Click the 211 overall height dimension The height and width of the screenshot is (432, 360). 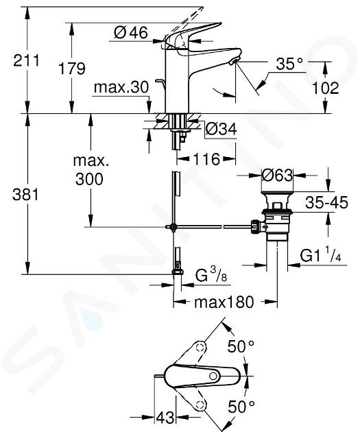pos(27,60)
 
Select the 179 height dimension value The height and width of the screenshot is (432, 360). pos(72,69)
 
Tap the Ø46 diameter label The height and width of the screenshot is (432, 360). pos(131,33)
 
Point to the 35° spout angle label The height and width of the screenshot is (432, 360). pos(289,64)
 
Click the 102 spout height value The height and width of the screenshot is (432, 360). pos(325,88)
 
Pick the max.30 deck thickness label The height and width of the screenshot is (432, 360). pos(121,87)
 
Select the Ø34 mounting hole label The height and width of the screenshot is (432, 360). pos(221,129)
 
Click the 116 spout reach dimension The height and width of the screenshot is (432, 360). pos(206,159)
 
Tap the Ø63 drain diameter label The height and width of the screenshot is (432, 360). pos(277,176)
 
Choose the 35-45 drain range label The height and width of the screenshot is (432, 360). pos(326,202)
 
